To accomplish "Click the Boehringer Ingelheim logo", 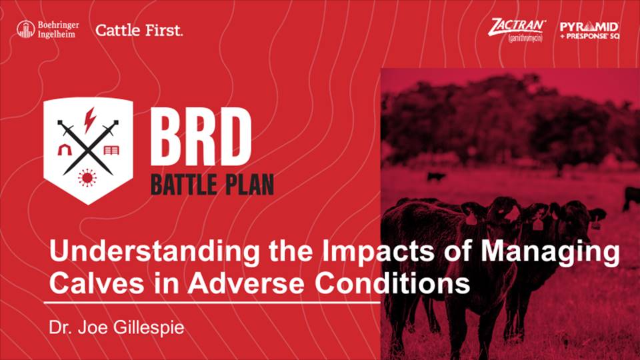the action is coord(48,30).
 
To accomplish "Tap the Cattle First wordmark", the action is coord(139,30).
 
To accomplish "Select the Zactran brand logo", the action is coord(517,30).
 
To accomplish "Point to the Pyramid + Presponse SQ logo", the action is coord(589,31).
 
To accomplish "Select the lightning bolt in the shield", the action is coord(89,120).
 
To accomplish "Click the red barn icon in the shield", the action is coord(64,150).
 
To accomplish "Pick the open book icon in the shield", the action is coord(111,150).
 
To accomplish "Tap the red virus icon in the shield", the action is coord(87,177).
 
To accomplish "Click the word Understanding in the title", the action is coord(154,251).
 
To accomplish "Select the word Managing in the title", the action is coord(550,252).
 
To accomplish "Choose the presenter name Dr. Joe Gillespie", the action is coord(117,327).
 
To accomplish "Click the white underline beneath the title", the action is coord(212,303).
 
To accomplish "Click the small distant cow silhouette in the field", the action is coord(436,177).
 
